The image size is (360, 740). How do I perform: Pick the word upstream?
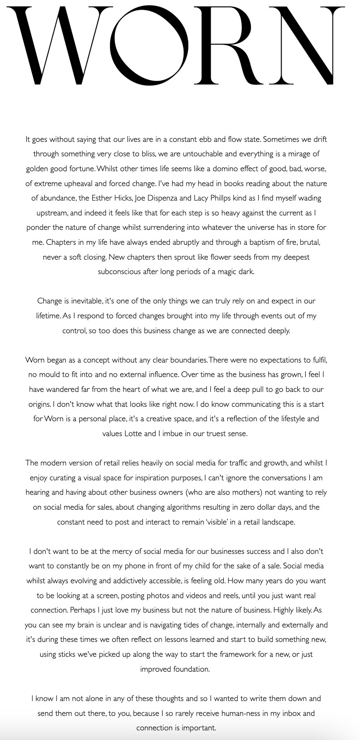51,213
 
